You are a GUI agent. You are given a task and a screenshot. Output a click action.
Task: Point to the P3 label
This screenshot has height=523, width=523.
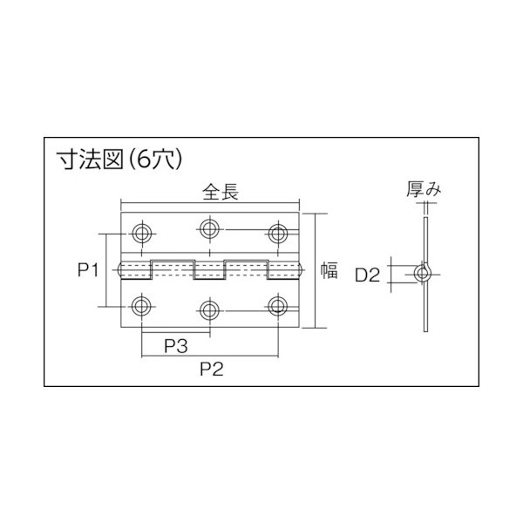click(176, 347)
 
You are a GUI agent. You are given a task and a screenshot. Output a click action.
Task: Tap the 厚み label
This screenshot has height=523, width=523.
click(420, 188)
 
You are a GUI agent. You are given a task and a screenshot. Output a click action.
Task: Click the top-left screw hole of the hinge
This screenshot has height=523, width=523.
click(141, 233)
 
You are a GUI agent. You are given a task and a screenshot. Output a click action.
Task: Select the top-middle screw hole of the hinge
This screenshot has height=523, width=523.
click(209, 229)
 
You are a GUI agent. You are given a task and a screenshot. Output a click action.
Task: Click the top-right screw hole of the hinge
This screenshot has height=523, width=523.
click(278, 233)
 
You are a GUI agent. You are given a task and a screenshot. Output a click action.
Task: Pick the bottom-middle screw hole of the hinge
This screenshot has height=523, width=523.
click(209, 309)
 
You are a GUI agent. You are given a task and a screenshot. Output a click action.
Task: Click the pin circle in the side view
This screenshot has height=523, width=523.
click(423, 275)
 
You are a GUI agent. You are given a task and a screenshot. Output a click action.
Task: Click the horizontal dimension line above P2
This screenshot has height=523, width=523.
click(209, 357)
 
